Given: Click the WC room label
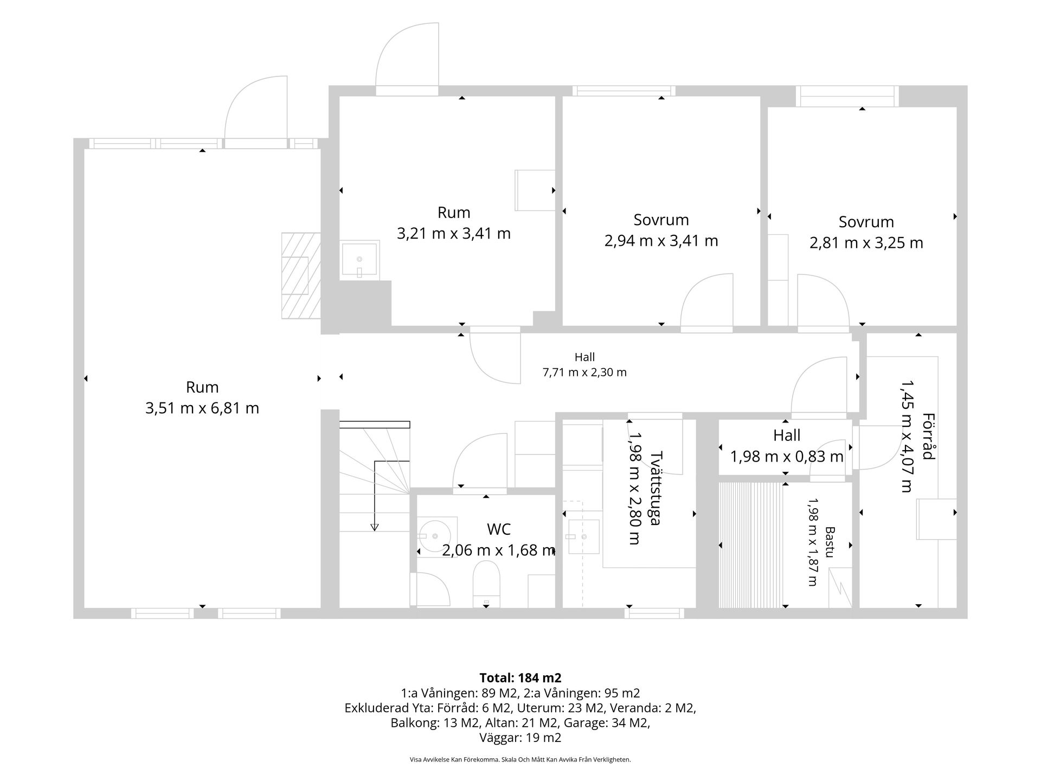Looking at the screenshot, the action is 499,529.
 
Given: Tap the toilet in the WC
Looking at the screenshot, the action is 486,584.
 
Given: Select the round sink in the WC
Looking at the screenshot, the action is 438,536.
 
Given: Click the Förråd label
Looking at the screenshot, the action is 929,437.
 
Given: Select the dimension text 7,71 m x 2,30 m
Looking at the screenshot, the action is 584,373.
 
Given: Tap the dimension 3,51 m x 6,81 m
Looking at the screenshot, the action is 202,408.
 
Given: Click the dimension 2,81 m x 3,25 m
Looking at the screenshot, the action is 866,242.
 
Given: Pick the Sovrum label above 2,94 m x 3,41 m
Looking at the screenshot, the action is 661,220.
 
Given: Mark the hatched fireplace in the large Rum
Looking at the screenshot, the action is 301,276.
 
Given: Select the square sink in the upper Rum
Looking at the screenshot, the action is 359,260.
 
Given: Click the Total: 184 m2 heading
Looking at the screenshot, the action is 520,677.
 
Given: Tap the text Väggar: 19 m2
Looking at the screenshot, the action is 520,738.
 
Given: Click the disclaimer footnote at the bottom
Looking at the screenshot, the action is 520,760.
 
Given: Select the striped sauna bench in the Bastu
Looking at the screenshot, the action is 751,545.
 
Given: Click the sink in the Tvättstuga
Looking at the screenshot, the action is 583,537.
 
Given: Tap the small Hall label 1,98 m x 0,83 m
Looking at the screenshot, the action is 787,446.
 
